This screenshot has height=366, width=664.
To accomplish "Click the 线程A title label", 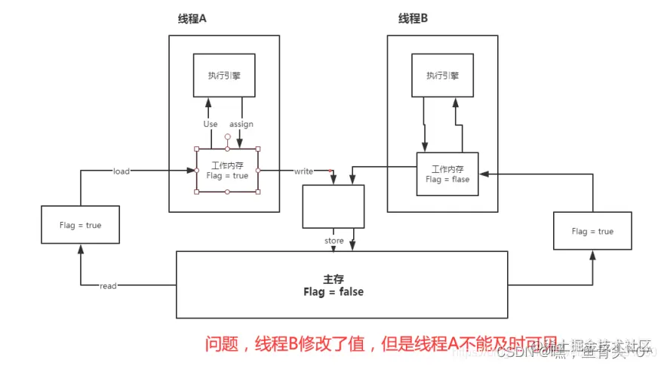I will (x=190, y=17).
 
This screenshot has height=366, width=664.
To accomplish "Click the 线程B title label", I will (x=413, y=17).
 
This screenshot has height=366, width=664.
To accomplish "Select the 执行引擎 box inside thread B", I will (x=442, y=75).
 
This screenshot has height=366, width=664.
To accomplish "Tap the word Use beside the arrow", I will (x=211, y=124).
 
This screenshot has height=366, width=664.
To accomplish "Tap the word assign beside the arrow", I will (x=241, y=124).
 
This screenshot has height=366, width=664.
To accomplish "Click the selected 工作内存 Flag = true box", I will (x=227, y=171).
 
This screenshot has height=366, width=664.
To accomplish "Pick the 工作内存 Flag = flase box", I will (x=447, y=174).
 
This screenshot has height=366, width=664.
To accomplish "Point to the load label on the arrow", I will (x=121, y=171).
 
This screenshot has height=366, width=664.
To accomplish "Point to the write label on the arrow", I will (x=303, y=171).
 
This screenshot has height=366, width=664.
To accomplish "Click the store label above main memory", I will (x=334, y=241).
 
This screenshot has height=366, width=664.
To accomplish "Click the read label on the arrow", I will (x=109, y=286).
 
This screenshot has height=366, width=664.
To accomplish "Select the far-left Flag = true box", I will (x=80, y=225).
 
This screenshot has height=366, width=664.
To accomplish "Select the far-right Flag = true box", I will (x=592, y=231).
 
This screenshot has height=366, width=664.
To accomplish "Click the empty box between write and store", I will (x=333, y=206).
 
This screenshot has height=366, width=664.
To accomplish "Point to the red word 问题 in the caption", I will (x=220, y=344).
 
